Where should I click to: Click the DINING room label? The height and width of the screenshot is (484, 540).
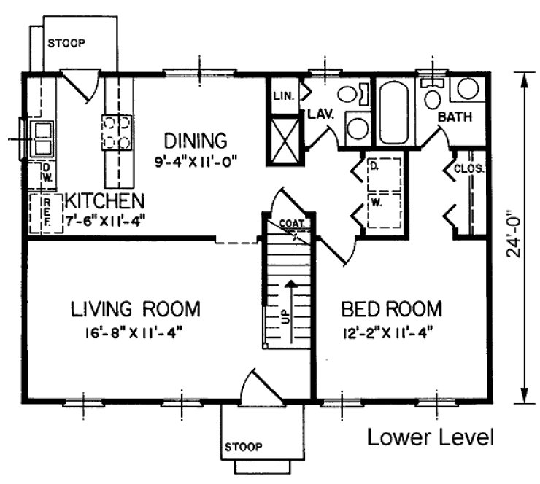click(x=195, y=139)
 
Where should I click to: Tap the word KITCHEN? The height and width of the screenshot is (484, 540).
click(x=104, y=200)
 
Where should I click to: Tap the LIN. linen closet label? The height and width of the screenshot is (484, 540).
click(x=283, y=95)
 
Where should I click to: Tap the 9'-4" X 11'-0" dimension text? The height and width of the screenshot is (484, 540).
click(x=195, y=160)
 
